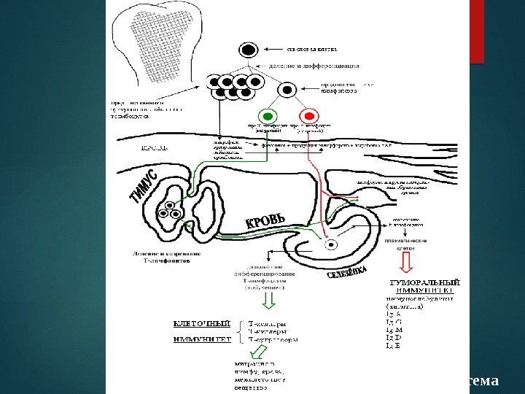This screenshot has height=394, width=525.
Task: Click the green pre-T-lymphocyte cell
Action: (x=268, y=116)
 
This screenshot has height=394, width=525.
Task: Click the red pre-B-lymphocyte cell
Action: (x=308, y=116)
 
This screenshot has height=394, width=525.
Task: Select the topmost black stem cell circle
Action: (x=249, y=50)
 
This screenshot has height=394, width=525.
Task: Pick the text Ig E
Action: (x=393, y=346)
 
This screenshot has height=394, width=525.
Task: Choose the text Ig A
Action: (x=394, y=314)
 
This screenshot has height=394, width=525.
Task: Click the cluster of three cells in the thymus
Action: (x=174, y=209)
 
